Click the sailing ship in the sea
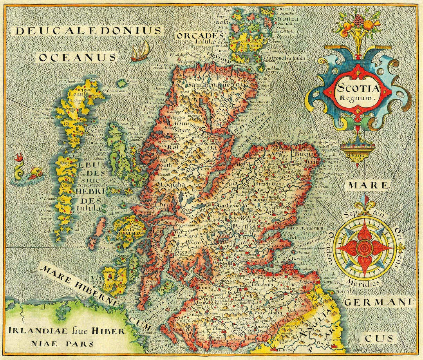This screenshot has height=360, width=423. [140, 51]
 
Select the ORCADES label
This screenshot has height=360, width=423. [199, 36]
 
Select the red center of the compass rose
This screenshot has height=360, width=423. [365, 247]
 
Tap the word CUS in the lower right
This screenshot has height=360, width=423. [379, 338]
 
